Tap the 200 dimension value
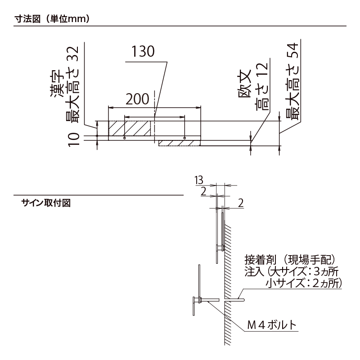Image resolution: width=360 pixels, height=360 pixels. tap(137, 99)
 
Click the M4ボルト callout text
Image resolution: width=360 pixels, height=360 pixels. tap(272, 325)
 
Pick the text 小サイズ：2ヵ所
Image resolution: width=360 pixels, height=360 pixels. tap(303, 283)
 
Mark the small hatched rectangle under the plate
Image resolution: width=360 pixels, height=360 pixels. tap(179, 143)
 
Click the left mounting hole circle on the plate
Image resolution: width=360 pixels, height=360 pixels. tap(124, 138)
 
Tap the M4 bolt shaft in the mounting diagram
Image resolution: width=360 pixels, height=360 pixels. tap(209, 300)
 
